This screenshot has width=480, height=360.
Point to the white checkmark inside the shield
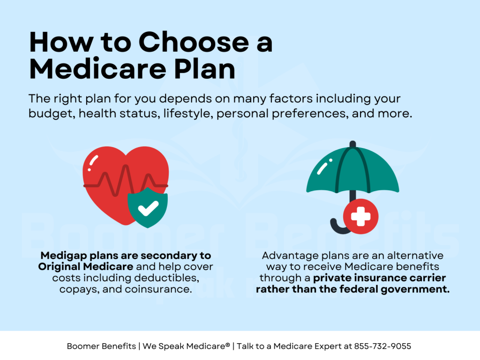click(148, 208)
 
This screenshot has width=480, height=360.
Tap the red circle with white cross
click(360, 217)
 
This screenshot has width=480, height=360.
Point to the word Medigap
click(60, 256)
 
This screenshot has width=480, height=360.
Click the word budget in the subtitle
click(46, 114)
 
